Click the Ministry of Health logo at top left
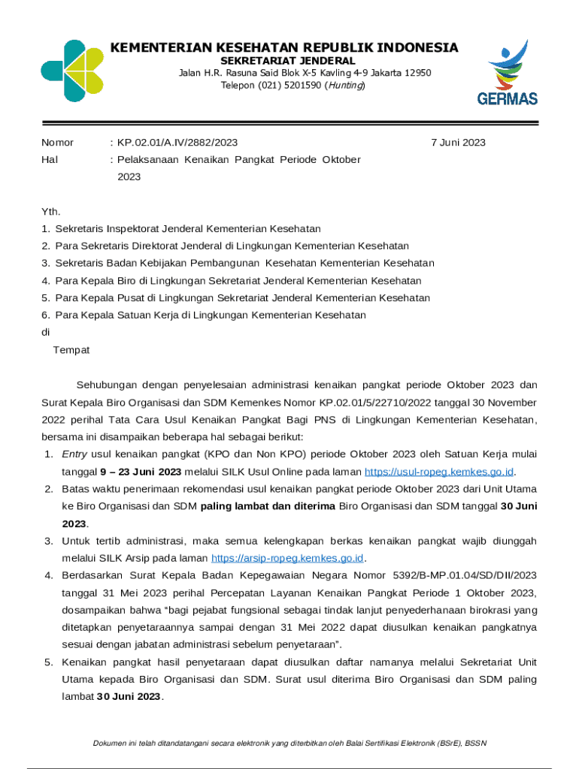click(71, 71)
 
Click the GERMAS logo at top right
click(508, 73)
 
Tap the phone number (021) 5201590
click(270, 86)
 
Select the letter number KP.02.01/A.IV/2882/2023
click(177, 143)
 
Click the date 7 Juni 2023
click(458, 143)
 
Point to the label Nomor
click(57, 143)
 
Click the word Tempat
click(71, 350)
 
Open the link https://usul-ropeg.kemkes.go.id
click(439, 472)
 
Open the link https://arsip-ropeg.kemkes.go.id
click(288, 558)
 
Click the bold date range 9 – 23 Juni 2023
click(141, 472)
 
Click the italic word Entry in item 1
click(74, 454)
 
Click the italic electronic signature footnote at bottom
click(289, 743)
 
